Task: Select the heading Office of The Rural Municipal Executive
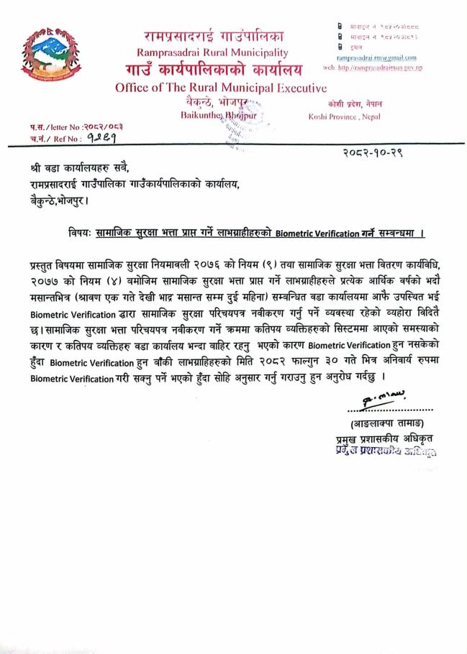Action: tap(221, 88)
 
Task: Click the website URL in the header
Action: tap(382, 66)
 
